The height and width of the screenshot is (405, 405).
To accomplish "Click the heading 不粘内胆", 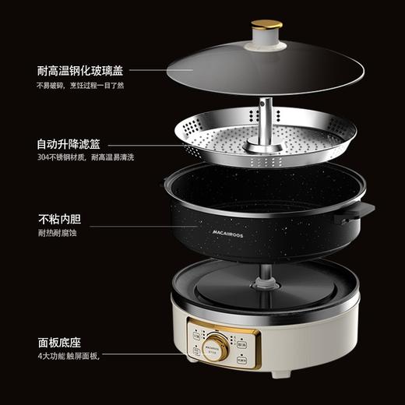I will click(58, 218).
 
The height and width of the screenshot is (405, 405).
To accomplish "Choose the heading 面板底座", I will click(58, 341).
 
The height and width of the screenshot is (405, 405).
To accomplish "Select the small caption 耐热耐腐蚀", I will click(57, 232).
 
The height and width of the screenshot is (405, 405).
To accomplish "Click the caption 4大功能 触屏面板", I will click(68, 356).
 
